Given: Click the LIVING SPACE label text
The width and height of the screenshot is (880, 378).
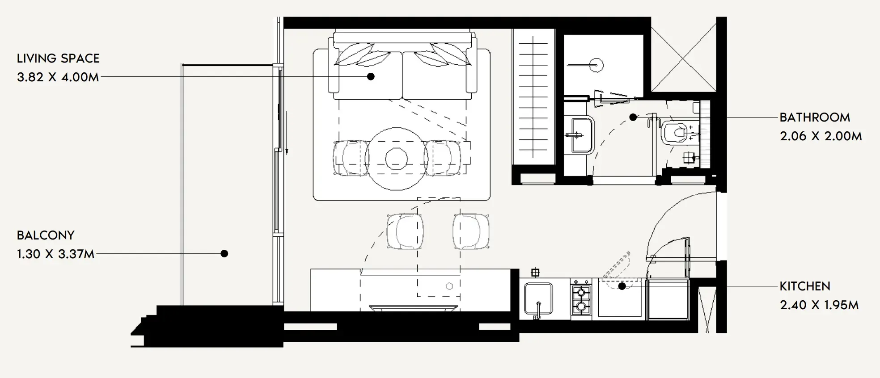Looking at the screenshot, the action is click(58, 59).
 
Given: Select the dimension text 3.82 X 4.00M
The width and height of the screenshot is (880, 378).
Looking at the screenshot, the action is click(58, 77).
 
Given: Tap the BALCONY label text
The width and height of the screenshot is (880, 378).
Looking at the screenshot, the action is click(46, 235).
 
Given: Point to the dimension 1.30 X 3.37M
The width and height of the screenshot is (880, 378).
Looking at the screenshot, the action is click(56, 254).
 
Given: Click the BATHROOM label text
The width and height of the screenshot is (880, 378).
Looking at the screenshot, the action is click(815, 118).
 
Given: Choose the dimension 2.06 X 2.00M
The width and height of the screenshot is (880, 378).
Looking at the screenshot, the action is click(821, 136).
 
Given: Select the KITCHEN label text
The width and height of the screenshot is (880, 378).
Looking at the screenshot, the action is click(805, 286).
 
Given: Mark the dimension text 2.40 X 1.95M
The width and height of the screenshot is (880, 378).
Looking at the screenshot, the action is click(819, 305).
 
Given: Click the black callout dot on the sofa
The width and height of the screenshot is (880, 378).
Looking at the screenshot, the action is click(371, 76).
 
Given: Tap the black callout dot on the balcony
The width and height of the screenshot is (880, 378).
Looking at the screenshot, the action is click(224, 253).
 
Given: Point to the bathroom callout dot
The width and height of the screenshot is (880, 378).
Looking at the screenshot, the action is click(633, 118).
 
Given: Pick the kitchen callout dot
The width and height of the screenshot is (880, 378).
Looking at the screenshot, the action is click(622, 286).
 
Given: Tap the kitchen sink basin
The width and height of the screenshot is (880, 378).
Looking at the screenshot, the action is click(538, 299).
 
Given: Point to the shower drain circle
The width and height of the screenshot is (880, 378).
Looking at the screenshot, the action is click(596, 66).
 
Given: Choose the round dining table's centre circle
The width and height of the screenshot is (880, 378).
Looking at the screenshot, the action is click(396, 159).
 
